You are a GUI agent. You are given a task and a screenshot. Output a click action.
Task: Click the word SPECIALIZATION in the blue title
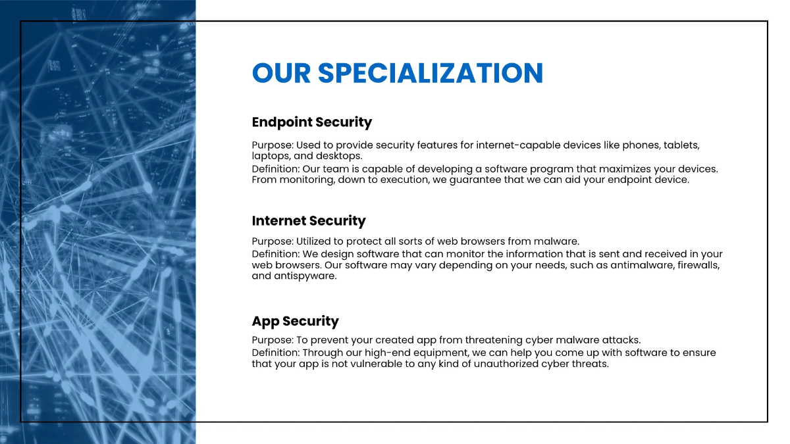pos(431,73)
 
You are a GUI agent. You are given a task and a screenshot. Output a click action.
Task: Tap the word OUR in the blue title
pos(280,73)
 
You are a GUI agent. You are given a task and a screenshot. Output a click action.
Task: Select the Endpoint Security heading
pos(311,122)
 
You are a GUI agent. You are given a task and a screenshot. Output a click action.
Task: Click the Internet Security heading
pos(308,221)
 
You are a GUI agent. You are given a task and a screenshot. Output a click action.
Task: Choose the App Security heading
pos(295,322)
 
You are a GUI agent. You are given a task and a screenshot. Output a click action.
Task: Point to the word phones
pos(641,145)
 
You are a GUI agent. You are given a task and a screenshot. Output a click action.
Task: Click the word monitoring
pos(307,180)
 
